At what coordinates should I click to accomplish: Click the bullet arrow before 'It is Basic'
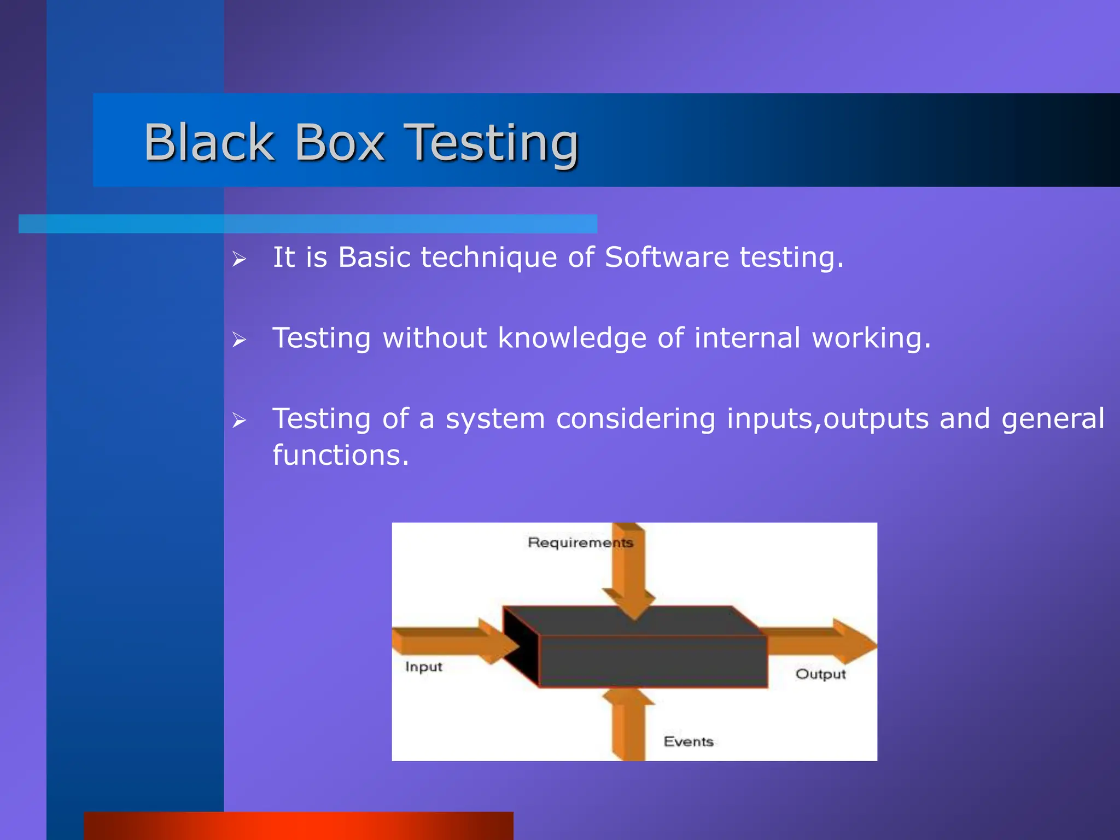tap(239, 259)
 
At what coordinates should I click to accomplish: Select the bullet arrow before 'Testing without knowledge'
tap(239, 340)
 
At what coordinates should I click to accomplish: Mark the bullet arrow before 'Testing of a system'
tap(239, 421)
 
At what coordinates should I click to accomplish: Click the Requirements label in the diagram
tap(580, 542)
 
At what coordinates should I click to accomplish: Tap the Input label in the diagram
tap(423, 667)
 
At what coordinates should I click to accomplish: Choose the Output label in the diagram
tap(820, 674)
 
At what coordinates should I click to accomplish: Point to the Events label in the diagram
tap(689, 742)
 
